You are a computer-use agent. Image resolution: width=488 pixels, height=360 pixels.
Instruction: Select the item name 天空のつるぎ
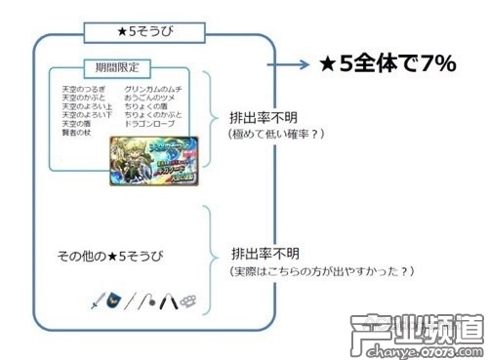[82, 90]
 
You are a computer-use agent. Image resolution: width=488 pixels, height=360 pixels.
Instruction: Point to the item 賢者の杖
[76, 134]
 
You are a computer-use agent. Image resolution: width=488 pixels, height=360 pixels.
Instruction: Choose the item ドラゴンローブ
[149, 125]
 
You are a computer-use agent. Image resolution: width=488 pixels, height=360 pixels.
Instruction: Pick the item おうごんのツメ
[150, 99]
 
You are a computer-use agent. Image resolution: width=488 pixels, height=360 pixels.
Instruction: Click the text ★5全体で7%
[388, 64]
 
